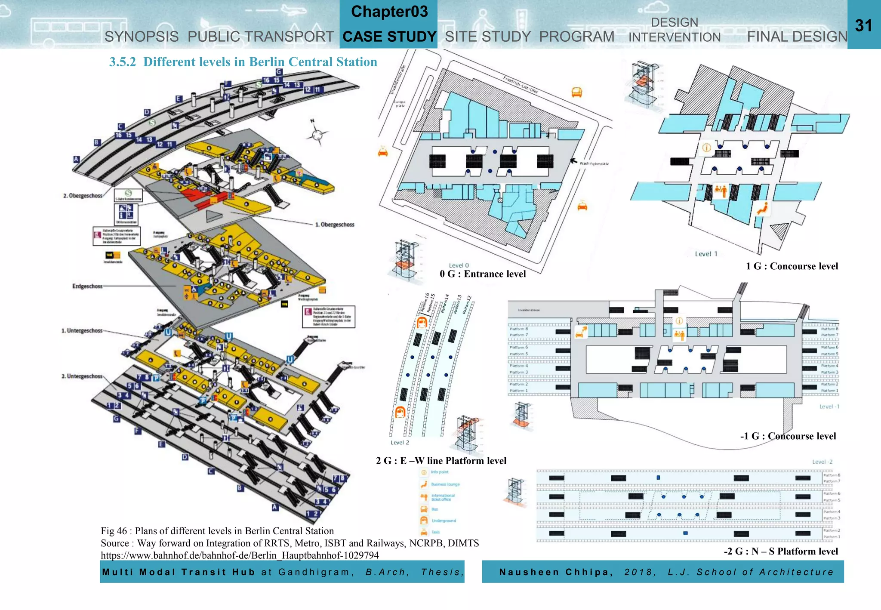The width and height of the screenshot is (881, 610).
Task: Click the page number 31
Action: [x=863, y=25]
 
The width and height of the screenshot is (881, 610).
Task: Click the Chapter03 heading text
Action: [x=389, y=12]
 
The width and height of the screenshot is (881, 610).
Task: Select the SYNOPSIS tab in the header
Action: [x=142, y=37]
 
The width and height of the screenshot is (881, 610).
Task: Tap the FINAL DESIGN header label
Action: [x=797, y=37]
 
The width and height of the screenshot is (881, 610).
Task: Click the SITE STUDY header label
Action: [x=488, y=37]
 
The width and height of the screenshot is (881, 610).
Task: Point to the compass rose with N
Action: [x=317, y=135]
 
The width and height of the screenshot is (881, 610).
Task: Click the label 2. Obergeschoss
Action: [x=83, y=196]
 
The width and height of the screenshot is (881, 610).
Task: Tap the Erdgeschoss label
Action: [x=87, y=286]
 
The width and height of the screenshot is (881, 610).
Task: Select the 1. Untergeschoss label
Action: [x=82, y=330]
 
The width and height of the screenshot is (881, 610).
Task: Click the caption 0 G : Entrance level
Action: [x=483, y=274]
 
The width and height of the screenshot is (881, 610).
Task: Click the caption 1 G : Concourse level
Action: [x=792, y=266]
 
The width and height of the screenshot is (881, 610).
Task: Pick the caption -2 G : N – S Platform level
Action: [x=781, y=551]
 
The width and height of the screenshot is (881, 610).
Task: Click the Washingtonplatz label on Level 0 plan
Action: [x=594, y=163]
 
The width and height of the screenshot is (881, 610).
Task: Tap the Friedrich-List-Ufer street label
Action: [x=521, y=85]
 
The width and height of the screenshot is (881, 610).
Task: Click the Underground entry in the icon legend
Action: [x=443, y=521]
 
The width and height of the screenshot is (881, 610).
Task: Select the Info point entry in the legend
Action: [x=439, y=472]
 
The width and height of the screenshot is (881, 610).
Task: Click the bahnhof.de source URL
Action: [x=240, y=555]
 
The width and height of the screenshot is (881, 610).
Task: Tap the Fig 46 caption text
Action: [x=217, y=531]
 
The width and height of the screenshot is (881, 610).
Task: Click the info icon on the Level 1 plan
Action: [x=706, y=148]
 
